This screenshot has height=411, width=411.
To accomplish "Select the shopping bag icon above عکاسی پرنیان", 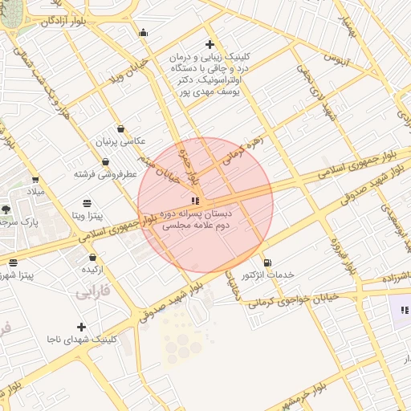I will (120, 128).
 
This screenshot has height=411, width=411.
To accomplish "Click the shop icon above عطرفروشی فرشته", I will (105, 162).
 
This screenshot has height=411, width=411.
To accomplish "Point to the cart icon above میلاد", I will (35, 180).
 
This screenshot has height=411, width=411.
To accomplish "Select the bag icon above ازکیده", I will (94, 258).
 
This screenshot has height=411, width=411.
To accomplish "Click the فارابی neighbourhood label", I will (94, 293).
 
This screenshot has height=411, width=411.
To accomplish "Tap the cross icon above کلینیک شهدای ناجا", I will (81, 327).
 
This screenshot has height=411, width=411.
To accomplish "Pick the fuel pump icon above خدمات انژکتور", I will (267, 262).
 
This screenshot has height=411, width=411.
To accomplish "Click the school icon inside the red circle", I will (193, 200).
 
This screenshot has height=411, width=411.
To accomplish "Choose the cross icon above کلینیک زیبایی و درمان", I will (210, 44).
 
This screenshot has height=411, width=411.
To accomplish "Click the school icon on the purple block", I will (404, 309).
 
